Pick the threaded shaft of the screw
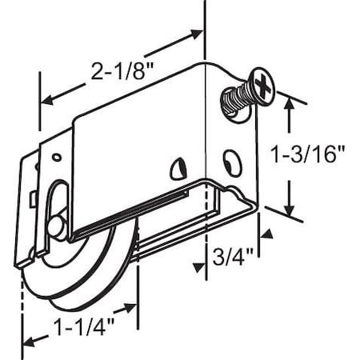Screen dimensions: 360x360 [230, 102]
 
